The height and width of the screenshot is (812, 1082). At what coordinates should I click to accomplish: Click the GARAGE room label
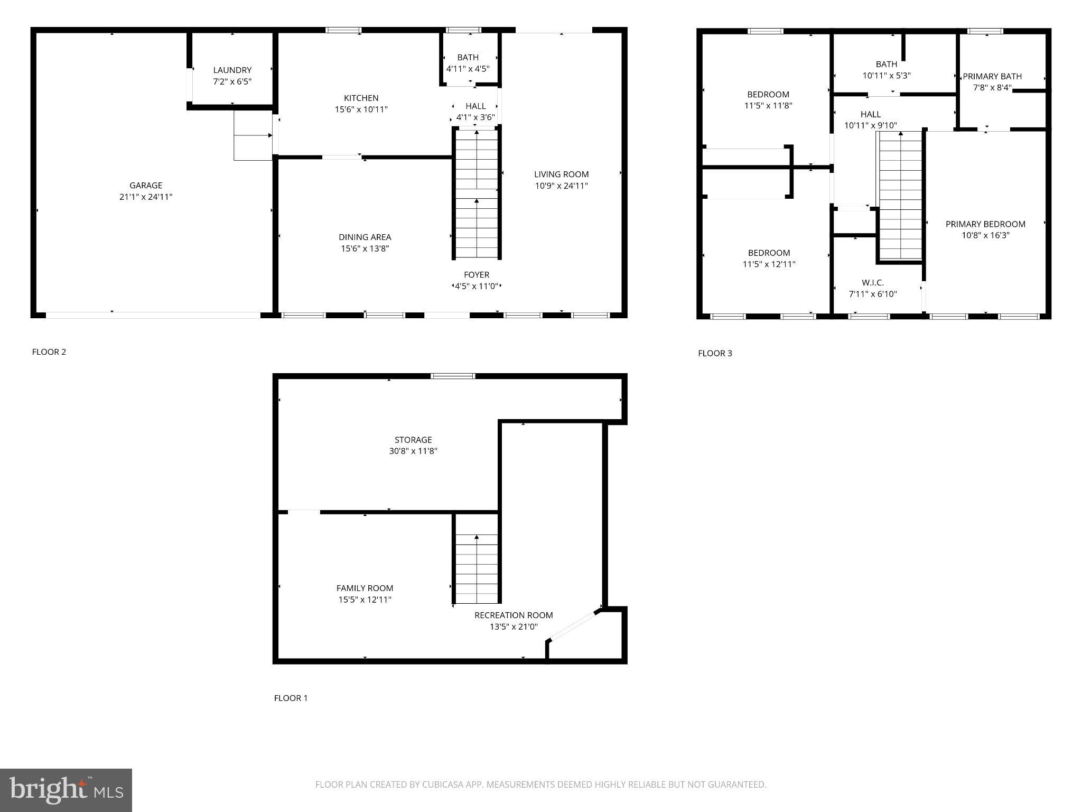pyautogui.click(x=146, y=186)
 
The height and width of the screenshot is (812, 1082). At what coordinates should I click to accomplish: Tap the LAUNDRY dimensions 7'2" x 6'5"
pyautogui.click(x=232, y=82)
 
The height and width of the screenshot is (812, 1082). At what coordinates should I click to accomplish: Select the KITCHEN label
pyautogui.click(x=361, y=98)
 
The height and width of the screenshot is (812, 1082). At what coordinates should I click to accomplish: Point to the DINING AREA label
pyautogui.click(x=365, y=237)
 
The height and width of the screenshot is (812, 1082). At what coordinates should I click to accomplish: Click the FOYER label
pyautogui.click(x=477, y=275)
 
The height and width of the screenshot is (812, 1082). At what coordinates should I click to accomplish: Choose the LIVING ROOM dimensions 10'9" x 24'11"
pyautogui.click(x=561, y=186)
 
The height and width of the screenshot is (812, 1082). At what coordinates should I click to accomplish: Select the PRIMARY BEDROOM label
pyautogui.click(x=985, y=224)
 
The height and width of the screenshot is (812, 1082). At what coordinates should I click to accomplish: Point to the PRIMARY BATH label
pyautogui.click(x=992, y=77)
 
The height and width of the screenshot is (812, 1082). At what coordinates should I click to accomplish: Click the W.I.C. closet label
pyautogui.click(x=873, y=283)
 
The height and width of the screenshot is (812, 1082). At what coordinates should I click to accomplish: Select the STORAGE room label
pyautogui.click(x=413, y=440)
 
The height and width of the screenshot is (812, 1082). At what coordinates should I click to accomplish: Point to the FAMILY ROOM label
pyautogui.click(x=365, y=588)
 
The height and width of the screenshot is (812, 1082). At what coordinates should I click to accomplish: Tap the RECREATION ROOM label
pyautogui.click(x=514, y=615)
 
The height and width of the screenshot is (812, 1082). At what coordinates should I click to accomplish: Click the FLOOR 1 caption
pyautogui.click(x=291, y=698)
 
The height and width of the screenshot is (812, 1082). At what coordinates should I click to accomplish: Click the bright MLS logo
pyautogui.click(x=66, y=790)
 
